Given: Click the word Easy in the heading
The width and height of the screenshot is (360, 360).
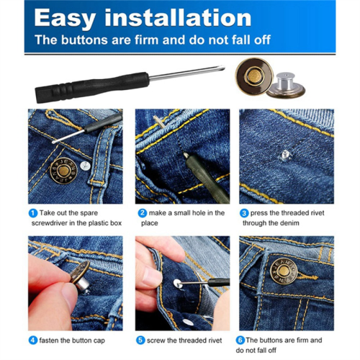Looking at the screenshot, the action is (x=65, y=19).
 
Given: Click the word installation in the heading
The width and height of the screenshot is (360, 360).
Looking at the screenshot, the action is (x=178, y=17).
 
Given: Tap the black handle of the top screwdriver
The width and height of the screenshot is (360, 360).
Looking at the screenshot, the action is (x=92, y=87).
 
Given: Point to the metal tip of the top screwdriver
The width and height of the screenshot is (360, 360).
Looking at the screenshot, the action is (x=222, y=68).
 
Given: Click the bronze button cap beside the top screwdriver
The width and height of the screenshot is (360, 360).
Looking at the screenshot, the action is (x=254, y=76).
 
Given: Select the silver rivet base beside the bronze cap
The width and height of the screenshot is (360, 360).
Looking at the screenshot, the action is (x=287, y=86).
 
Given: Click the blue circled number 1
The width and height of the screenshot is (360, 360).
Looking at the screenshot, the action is (x=33, y=213).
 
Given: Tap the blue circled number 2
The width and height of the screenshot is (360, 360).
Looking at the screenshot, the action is (x=143, y=213).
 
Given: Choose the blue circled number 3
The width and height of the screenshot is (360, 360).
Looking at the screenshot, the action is (x=244, y=213).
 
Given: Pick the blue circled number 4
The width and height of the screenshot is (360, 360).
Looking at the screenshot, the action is (x=33, y=341).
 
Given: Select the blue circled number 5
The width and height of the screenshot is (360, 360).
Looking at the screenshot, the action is (x=140, y=341).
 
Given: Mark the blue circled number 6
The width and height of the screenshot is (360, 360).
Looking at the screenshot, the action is (x=240, y=340).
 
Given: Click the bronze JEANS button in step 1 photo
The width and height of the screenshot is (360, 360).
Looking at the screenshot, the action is (x=63, y=171).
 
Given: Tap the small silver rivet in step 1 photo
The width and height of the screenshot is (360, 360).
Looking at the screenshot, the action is (x=85, y=166).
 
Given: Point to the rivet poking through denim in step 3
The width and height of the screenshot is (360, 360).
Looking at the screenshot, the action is (x=285, y=155).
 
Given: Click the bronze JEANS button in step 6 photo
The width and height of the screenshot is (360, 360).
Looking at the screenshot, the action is (x=284, y=271).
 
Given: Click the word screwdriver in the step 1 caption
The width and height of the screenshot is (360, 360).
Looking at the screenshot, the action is (x=50, y=223).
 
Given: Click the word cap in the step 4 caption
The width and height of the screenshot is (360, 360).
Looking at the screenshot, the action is (x=99, y=341).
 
